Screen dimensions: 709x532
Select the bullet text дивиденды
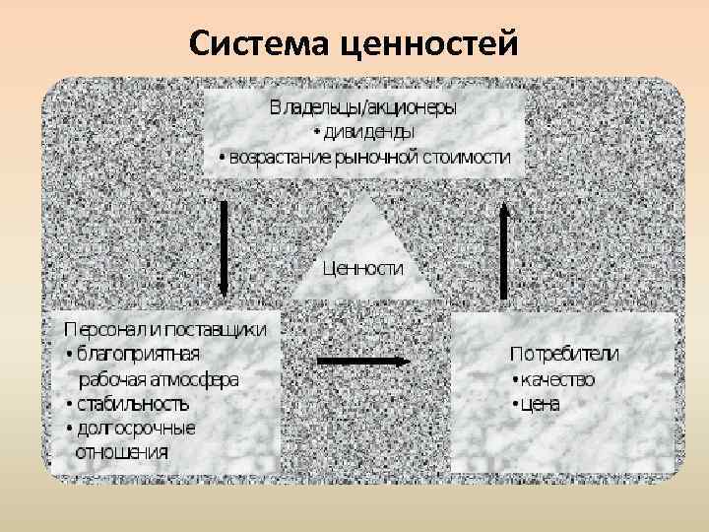pos(368,130)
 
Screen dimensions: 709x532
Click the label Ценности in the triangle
pos(363,268)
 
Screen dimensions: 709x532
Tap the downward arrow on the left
pos(225,246)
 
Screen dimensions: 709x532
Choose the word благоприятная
pos(139,353)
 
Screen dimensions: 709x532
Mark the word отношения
pos(122,452)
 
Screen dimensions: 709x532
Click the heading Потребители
pos(564,353)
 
